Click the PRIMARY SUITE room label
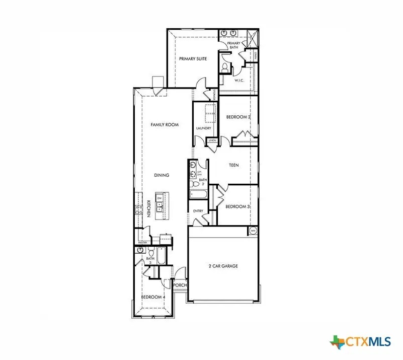[193, 59]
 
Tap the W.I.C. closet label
[239, 81]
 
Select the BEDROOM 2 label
[238, 117]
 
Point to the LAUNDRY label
[203, 128]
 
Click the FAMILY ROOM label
[165, 124]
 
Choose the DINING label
[162, 175]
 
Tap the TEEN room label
[233, 165]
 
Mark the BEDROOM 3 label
[237, 206]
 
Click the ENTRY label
[198, 211]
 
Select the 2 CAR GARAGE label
[223, 266]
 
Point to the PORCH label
[180, 285]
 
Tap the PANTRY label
[143, 243]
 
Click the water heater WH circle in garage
[253, 231]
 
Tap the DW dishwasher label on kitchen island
[159, 198]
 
